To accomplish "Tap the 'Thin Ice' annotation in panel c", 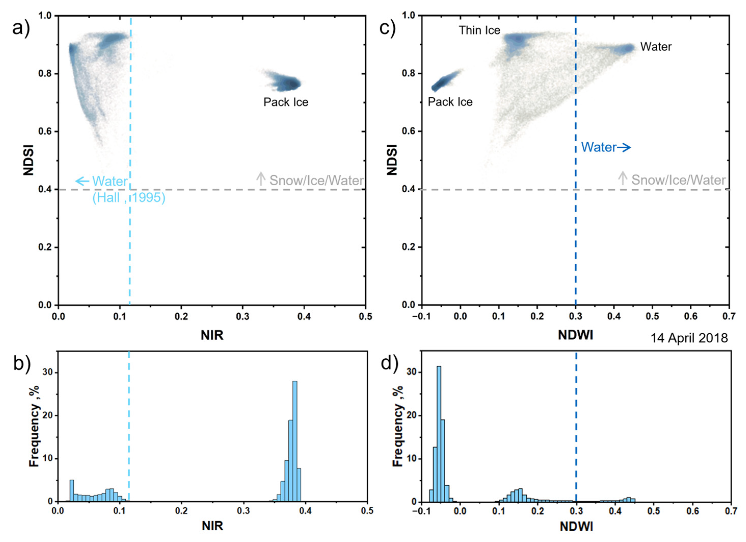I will click(479, 30).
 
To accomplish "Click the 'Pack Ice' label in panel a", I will click(286, 102).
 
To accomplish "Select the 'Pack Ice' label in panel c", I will click(450, 102).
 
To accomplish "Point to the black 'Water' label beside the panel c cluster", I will click(656, 47).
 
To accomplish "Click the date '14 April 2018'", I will click(689, 338).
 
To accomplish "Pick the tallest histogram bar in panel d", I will click(438, 434).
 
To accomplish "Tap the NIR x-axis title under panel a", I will click(212, 335).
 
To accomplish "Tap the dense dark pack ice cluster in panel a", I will click(289, 84).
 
